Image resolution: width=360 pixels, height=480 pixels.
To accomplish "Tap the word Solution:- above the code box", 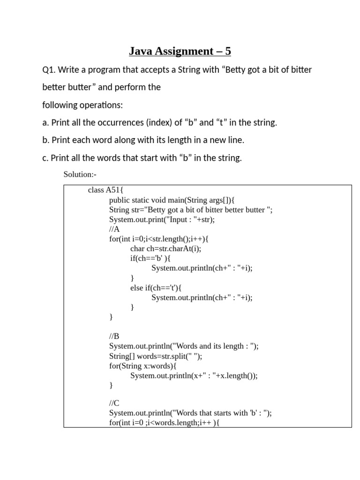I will [x=80, y=174].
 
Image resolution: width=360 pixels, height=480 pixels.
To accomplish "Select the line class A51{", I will [x=105, y=190].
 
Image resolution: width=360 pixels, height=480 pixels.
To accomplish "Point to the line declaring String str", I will [x=190, y=210].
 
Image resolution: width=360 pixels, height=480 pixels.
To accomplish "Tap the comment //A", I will [x=114, y=229].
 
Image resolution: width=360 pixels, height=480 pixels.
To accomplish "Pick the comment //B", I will [x=114, y=336].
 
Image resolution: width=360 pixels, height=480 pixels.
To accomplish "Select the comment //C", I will [x=114, y=403].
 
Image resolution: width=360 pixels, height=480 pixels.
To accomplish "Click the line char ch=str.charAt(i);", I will [x=169, y=249].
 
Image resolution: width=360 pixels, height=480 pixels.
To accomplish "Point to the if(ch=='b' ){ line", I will [x=150, y=258].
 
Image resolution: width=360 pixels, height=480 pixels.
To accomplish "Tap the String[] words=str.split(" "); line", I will [x=156, y=356].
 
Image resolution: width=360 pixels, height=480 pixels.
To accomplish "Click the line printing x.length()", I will [x=194, y=375].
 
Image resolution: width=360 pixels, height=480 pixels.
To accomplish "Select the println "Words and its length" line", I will [x=184, y=346].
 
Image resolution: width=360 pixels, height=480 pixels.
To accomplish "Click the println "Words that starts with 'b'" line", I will [x=190, y=413].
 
